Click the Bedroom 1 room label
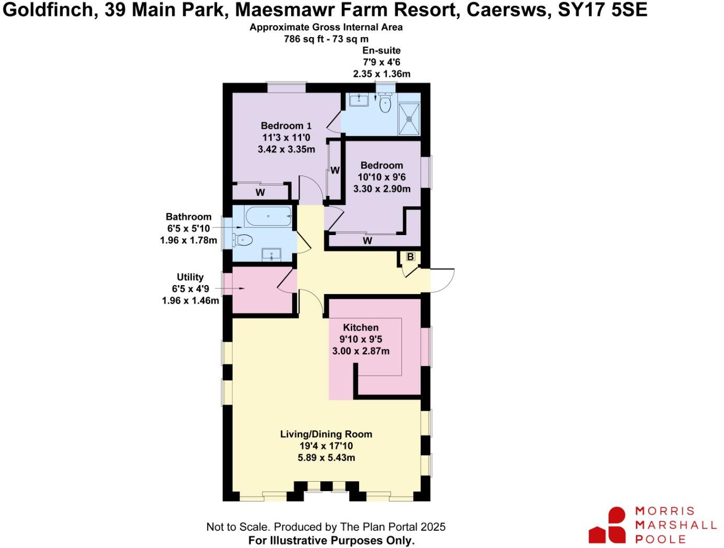coord(286,125)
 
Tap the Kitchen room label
coord(361,328)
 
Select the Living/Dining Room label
coord(326,434)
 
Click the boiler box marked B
coord(410,256)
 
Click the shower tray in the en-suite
coord(409,119)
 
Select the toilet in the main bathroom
coord(243,240)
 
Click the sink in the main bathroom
coord(271,255)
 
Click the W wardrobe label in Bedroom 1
coord(260,192)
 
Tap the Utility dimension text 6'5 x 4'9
coord(190,289)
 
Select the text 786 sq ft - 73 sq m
coord(326,39)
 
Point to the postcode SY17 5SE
coord(602,10)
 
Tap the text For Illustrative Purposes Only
coord(331,540)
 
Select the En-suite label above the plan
coord(382,51)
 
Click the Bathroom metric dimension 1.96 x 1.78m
coord(188,240)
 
